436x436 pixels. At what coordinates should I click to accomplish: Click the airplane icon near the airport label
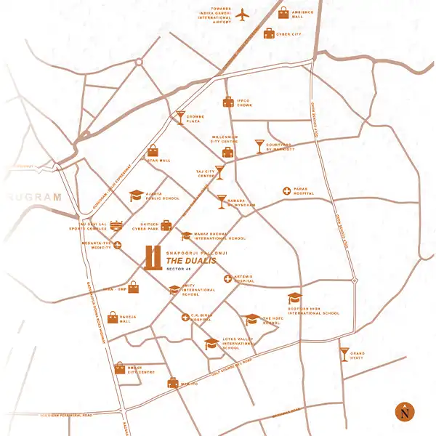tap(243, 15)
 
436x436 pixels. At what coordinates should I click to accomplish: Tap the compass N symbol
tap(403, 412)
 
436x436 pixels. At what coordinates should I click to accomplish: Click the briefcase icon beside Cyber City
tap(269, 33)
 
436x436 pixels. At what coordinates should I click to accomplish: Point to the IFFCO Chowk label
tap(244, 102)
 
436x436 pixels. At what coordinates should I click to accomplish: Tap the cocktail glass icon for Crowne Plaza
tap(180, 117)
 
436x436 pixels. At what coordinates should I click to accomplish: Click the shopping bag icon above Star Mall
tap(153, 150)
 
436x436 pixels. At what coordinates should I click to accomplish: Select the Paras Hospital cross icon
tap(287, 191)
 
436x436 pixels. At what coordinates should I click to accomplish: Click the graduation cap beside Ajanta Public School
tap(136, 195)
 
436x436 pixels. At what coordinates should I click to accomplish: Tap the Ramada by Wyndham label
tap(240, 202)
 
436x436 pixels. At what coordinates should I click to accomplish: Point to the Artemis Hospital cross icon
tap(227, 278)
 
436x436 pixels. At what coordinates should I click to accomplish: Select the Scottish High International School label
tap(312, 311)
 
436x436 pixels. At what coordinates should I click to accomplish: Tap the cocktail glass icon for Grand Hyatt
tap(344, 354)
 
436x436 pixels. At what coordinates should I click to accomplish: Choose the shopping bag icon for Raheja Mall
tap(113, 317)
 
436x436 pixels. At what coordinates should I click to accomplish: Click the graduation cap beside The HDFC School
tap(252, 319)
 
